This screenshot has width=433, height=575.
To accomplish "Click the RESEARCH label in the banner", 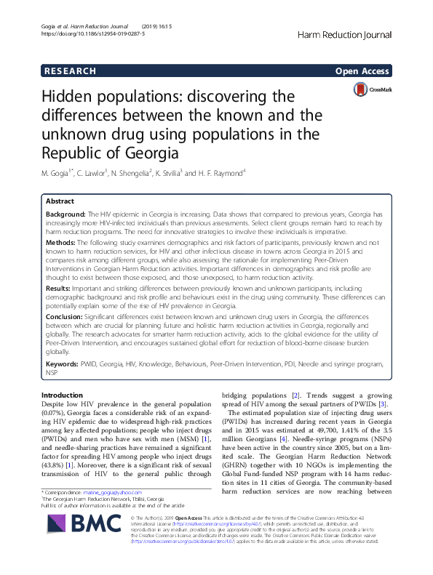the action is tap(70, 71).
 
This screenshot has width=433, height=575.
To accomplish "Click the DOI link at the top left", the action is tap(83, 33).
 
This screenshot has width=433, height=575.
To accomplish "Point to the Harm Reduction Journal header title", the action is tap(346, 35).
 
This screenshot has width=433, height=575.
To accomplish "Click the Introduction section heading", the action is tap(63, 395).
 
